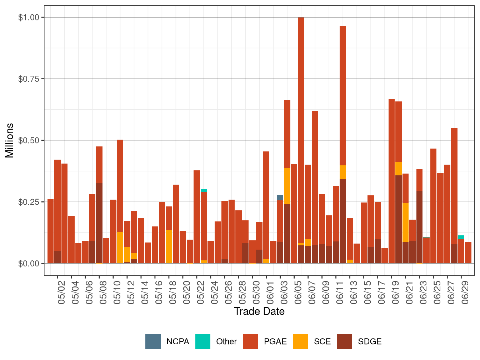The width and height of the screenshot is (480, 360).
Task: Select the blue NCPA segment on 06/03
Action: [280, 198]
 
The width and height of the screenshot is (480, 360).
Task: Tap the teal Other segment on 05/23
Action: [204, 190]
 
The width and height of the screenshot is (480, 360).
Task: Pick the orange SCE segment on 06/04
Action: [287, 186]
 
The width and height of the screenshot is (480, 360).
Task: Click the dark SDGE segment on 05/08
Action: [99, 223]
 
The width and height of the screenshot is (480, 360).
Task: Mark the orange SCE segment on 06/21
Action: [405, 222]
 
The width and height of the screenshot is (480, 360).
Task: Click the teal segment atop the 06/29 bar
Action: [461, 237]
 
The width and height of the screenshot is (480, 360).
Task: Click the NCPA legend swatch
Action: [153, 341]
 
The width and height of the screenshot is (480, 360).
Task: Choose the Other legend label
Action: [226, 341]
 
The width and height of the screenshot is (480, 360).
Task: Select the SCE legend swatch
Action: [300, 341]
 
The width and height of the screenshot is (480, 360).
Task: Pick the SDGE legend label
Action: [370, 341]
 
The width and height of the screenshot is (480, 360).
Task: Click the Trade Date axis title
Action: [259, 311]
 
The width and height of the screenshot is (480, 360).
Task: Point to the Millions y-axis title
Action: [10, 140]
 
